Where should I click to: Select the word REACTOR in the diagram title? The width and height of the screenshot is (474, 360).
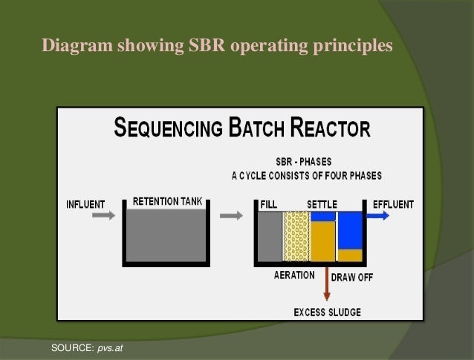click(330, 129)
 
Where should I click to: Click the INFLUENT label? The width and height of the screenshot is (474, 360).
click(85, 204)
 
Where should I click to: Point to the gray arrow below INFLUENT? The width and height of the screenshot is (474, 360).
click(105, 215)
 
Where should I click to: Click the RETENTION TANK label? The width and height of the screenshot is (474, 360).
click(166, 202)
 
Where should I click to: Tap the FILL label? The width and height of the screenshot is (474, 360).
click(270, 204)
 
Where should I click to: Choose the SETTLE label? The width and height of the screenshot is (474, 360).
click(322, 204)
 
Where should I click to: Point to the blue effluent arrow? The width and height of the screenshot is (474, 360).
click(377, 215)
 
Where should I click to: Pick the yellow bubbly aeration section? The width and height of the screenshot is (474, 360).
click(296, 237)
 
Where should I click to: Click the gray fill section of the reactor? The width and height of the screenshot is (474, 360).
click(270, 237)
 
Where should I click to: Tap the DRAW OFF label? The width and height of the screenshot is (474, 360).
click(351, 278)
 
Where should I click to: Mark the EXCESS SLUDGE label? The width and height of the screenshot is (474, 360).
click(328, 312)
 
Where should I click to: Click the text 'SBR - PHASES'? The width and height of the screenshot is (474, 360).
click(305, 163)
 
